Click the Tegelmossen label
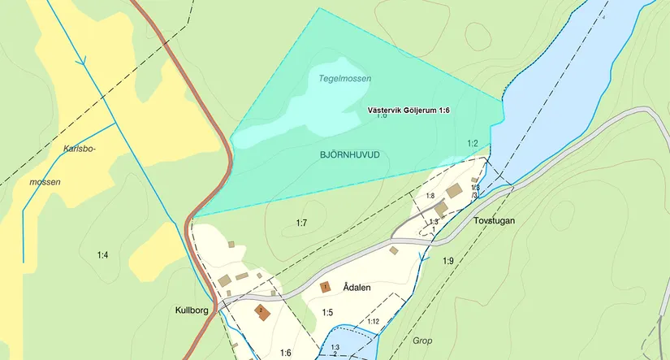(340, 79)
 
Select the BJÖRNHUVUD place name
(350, 154)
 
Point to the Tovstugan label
(494, 220)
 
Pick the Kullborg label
(193, 310)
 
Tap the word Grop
(422, 340)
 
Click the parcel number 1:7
(301, 222)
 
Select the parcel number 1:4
(102, 256)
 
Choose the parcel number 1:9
(448, 261)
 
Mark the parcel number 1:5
(327, 312)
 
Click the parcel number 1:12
(373, 322)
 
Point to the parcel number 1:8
(430, 196)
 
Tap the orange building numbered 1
(325, 287)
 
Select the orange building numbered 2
(262, 311)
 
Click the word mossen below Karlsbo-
(45, 182)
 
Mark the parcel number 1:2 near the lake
(472, 144)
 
